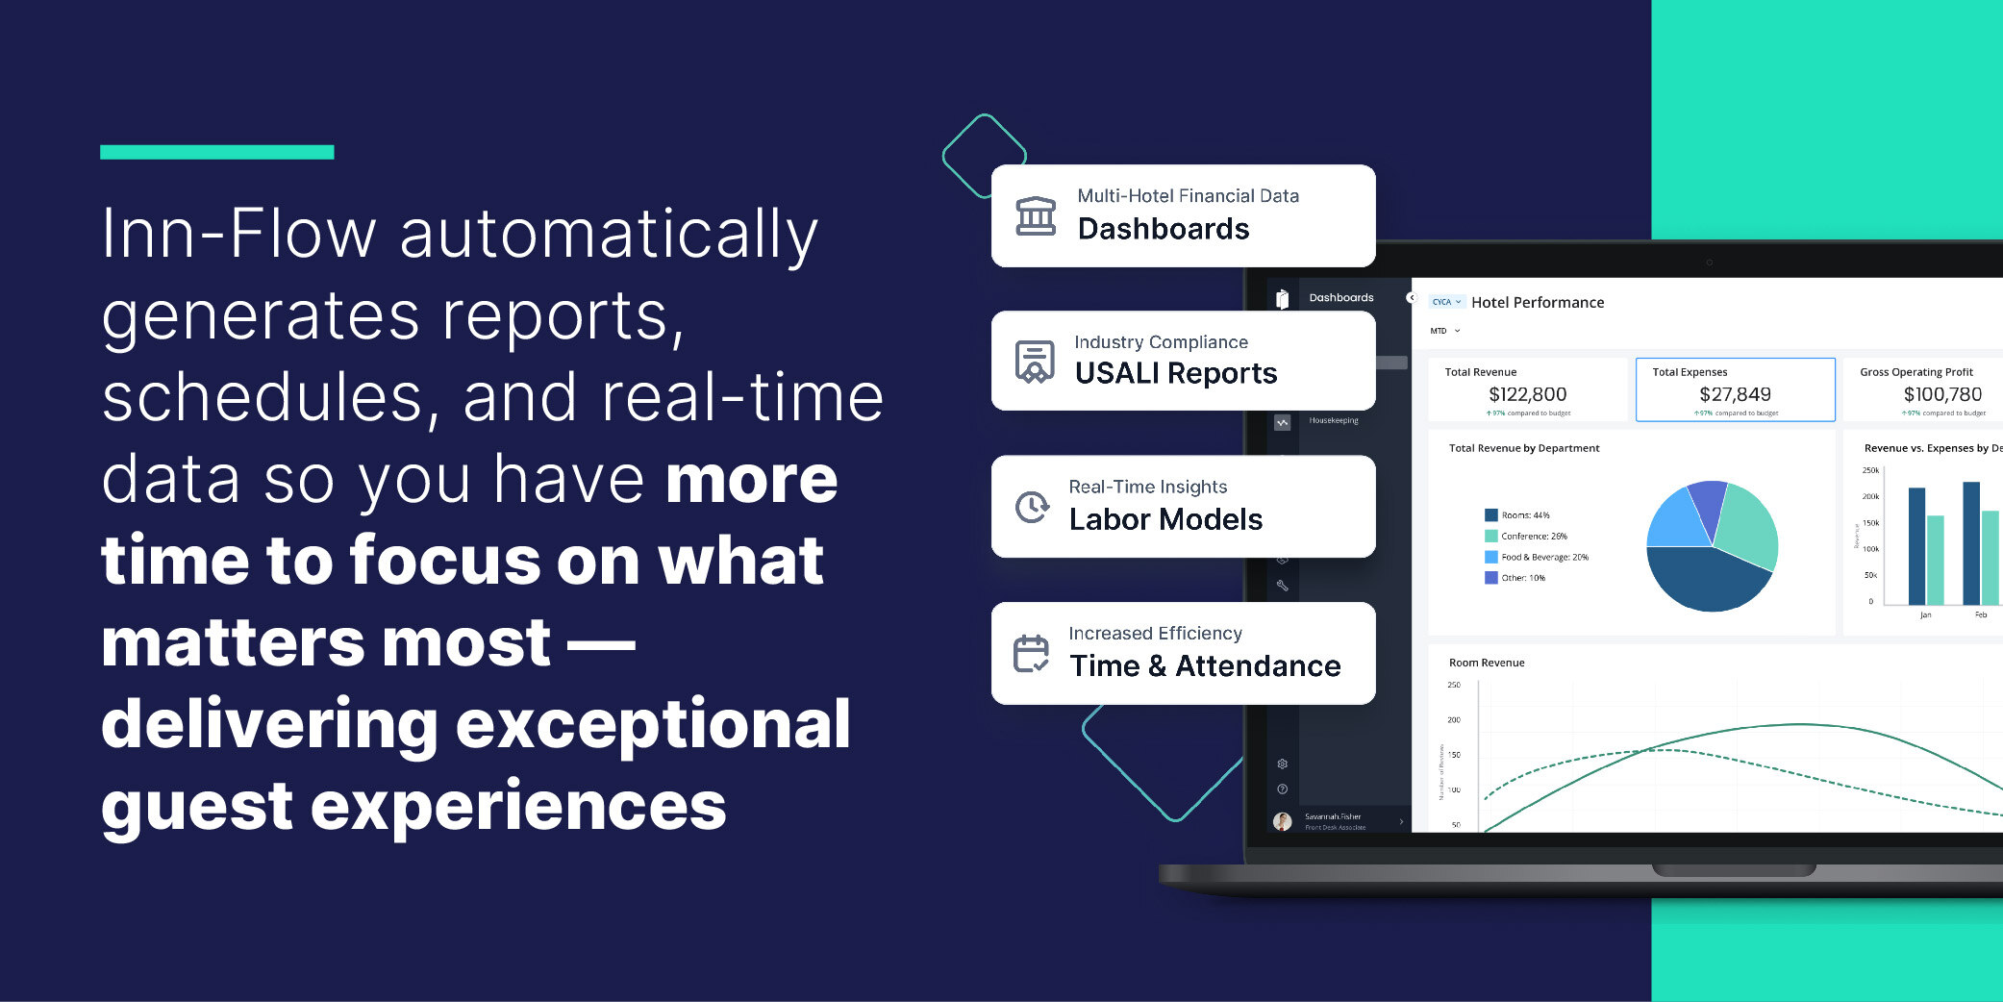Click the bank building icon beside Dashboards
coord(1036,215)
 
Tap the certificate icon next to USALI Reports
coord(1035,362)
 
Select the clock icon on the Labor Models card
coord(1032,507)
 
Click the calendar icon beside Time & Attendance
coord(1031,654)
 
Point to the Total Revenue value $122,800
coord(1527,394)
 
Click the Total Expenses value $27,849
coord(1735,394)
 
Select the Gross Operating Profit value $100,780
coord(1942,394)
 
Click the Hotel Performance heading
coord(1538,302)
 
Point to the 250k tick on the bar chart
coord(1870,470)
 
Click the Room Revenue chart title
coord(1487,663)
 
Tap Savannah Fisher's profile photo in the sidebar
coord(1282,821)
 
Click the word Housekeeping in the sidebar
coord(1334,420)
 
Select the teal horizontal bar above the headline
coord(216,152)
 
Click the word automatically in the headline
coord(608,234)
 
